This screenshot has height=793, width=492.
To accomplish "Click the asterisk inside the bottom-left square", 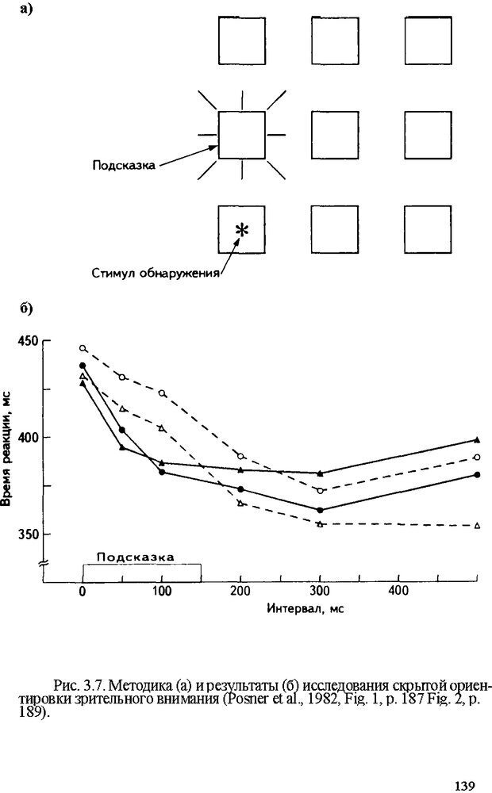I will click(242, 230).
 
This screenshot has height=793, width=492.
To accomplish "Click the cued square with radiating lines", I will click(242, 135).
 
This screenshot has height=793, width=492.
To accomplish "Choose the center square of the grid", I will click(335, 135).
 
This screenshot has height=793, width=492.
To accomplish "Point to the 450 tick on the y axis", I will click(29, 341).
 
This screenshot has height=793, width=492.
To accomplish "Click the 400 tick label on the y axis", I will click(29, 437).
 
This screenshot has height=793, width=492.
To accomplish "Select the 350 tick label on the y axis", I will click(29, 534).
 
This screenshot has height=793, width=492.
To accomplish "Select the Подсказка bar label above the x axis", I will click(140, 557).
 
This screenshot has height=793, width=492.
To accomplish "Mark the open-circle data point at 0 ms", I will click(83, 348).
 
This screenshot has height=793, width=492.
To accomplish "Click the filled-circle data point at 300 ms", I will click(319, 510).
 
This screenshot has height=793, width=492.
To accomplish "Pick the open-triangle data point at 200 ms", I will click(240, 504).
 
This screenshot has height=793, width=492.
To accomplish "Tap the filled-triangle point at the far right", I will click(476, 439).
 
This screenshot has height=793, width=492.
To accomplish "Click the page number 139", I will click(464, 764).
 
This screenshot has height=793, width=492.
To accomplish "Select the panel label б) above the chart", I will click(25, 307).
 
